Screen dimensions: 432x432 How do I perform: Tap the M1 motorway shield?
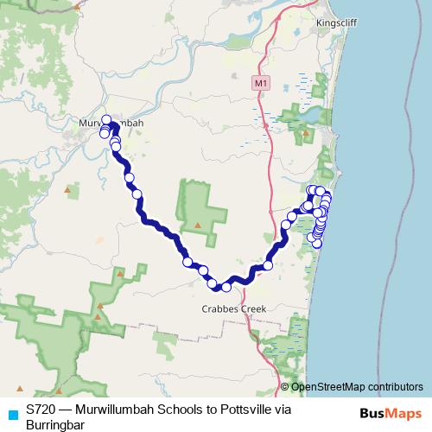point(262,83)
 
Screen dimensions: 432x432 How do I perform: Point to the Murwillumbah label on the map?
point(110,123)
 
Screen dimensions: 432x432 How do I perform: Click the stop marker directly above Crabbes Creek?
point(226,287)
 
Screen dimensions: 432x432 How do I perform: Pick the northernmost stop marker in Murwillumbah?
point(107,120)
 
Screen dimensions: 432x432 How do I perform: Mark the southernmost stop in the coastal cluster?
point(317,244)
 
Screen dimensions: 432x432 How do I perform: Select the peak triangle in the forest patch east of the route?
point(198,226)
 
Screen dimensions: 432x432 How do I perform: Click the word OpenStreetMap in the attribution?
point(326,386)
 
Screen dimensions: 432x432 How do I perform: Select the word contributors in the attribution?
point(392,386)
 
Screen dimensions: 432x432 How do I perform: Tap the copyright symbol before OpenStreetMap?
point(284,386)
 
